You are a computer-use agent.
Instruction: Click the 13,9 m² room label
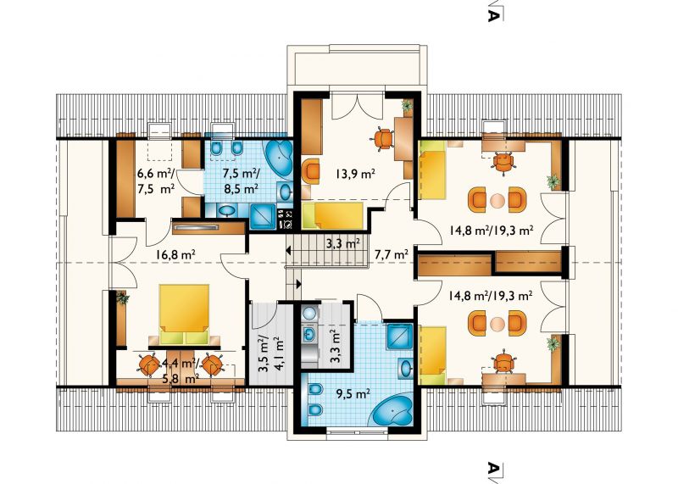tap(354, 175)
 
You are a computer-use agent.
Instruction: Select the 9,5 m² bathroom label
tap(353, 393)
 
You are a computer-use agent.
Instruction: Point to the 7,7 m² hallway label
tap(392, 255)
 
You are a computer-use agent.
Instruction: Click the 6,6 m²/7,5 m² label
tap(156, 181)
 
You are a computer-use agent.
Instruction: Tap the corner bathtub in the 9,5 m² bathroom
tap(392, 413)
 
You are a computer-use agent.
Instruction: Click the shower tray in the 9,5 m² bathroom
tap(400, 335)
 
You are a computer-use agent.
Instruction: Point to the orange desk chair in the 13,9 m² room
tap(382, 138)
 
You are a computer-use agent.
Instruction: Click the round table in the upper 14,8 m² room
tap(497, 200)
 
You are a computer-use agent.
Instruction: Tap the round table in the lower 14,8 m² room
tap(497, 323)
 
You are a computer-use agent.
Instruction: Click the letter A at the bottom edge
tap(494, 469)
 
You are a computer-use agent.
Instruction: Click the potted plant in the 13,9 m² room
tap(407, 106)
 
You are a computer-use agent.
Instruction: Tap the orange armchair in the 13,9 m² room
tap(310, 172)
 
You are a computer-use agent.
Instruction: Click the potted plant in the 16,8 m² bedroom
tap(123, 298)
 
